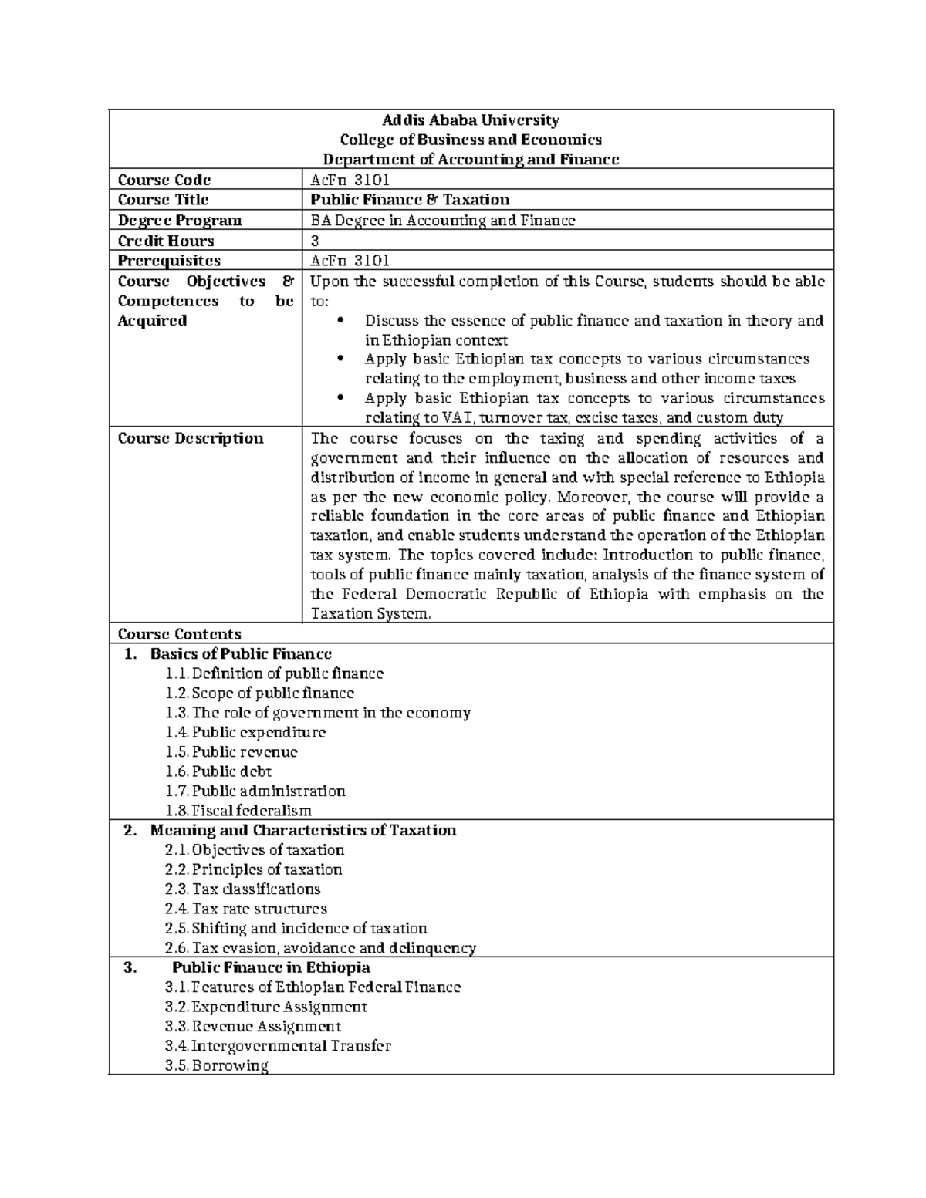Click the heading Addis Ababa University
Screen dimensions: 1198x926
(471, 120)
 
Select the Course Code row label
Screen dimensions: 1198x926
(164, 180)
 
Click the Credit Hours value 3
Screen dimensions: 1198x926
(314, 241)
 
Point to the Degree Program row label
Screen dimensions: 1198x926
(179, 221)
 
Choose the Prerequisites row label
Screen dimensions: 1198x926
(168, 261)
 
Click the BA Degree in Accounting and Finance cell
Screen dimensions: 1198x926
(442, 221)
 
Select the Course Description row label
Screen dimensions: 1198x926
(190, 438)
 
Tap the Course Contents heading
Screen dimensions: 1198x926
(179, 634)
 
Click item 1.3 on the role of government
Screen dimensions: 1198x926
(318, 713)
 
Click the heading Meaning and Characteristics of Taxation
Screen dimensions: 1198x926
(303, 830)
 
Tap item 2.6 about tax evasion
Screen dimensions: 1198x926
(320, 948)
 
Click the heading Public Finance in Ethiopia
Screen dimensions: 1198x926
(271, 967)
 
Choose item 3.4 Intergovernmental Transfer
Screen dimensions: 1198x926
(278, 1046)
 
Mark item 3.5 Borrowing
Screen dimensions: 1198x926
(217, 1066)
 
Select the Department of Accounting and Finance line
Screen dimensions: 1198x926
(471, 160)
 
